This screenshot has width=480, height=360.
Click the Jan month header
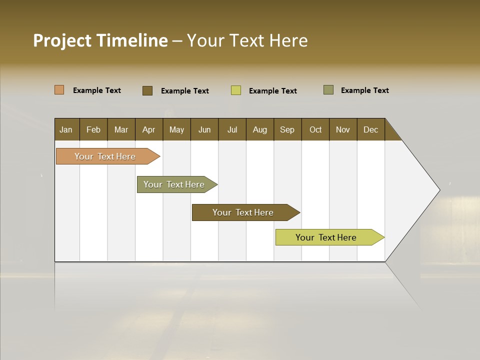coord(66,129)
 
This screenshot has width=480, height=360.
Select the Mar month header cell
coord(121,129)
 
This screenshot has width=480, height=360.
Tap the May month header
coord(176,129)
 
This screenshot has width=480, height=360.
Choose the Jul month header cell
coord(232,129)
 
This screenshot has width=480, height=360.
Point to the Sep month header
coord(287,129)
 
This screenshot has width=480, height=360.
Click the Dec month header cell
coord(370,129)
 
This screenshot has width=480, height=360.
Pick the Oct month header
coord(315,129)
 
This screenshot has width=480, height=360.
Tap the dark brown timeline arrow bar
coord(243,212)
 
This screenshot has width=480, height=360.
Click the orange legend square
coord(59,90)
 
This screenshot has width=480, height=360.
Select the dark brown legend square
coord(147,90)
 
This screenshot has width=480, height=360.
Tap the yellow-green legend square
coord(236,90)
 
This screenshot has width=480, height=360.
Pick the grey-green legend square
coord(328,90)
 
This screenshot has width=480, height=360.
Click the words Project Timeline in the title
coord(100,40)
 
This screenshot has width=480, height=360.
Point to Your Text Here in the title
coord(247,40)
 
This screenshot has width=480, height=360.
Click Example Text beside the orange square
coord(97,90)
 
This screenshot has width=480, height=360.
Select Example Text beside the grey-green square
coord(364,90)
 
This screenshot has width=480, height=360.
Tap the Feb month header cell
coord(93,129)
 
